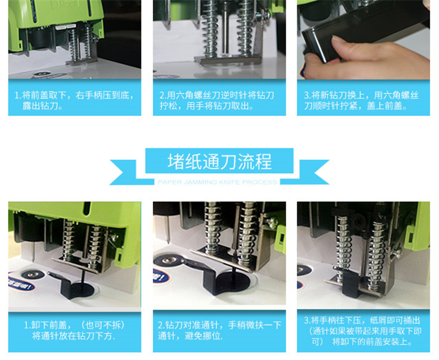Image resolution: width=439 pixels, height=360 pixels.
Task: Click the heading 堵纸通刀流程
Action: (220, 162)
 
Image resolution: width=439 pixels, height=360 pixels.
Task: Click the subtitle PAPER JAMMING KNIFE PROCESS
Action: (217, 182)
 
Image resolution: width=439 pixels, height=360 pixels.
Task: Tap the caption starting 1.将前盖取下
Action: (74, 101)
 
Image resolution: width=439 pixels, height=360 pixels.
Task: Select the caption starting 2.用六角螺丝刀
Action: (217, 101)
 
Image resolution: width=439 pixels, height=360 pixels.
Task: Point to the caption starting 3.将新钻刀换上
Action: (361, 101)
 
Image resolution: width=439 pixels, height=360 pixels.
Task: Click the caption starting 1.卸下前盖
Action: (74, 330)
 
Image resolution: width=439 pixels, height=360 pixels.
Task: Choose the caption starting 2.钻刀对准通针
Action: (220, 330)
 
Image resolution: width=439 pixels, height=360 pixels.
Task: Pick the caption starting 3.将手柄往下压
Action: (363, 331)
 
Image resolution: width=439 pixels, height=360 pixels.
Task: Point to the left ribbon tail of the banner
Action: (126, 173)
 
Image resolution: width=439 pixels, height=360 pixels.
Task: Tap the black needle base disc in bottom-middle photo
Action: (232, 281)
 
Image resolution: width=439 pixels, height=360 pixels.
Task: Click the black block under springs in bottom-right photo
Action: (351, 285)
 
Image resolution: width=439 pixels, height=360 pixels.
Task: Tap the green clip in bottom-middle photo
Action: (280, 239)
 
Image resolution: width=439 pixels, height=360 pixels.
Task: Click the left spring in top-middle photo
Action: (210, 29)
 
